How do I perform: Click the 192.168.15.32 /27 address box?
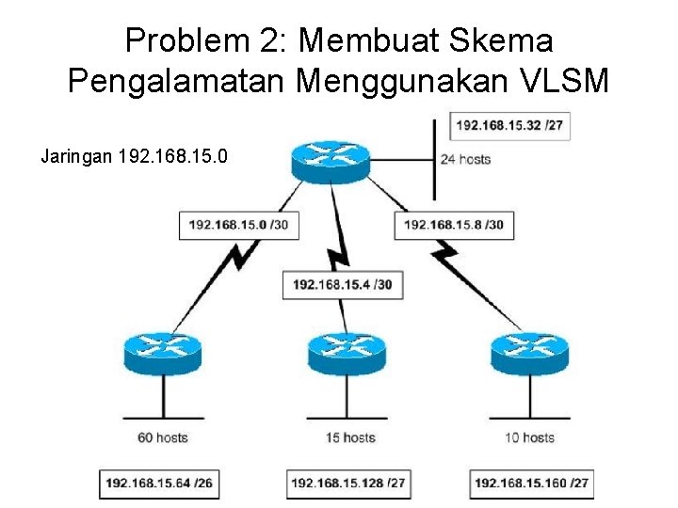tap(511, 126)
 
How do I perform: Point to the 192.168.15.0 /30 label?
tap(238, 225)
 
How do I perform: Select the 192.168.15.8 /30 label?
tap(454, 225)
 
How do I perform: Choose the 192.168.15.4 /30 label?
tap(342, 285)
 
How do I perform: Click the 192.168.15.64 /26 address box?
tap(159, 484)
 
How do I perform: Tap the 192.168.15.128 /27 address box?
tap(347, 484)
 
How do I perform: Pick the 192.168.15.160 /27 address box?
tap(532, 484)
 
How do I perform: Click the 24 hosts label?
tap(466, 159)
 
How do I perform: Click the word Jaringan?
tap(78, 156)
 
